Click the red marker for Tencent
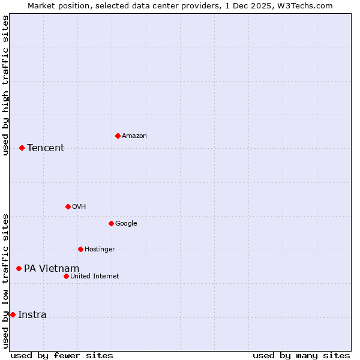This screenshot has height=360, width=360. (22, 148)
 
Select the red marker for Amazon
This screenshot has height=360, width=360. (118, 136)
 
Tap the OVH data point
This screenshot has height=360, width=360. (68, 206)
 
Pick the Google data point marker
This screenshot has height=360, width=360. (111, 223)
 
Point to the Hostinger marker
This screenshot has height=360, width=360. (80, 249)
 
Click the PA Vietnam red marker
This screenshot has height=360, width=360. (19, 268)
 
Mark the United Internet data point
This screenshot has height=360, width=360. (66, 276)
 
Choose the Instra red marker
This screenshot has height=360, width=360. (13, 314)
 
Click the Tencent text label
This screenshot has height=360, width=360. (46, 148)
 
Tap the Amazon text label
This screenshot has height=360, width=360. (134, 136)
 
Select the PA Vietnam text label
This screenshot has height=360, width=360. (52, 268)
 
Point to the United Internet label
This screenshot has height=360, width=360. (95, 277)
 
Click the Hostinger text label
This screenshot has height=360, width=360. (100, 250)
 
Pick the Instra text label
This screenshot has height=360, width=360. (32, 315)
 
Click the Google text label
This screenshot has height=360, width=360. (126, 224)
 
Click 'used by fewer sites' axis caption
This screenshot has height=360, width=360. (62, 355)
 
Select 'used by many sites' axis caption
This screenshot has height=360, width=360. (301, 355)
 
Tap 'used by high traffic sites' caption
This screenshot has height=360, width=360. (5, 85)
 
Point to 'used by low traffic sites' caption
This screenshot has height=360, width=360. (5, 281)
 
